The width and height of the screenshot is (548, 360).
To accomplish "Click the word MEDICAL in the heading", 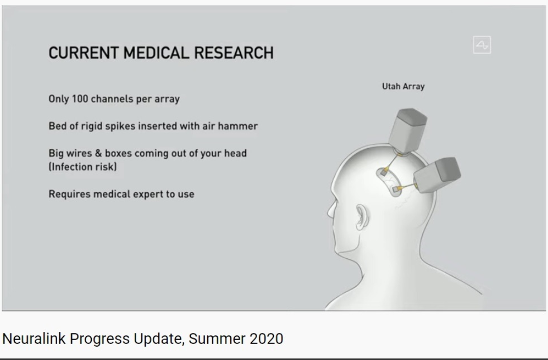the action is [156, 53].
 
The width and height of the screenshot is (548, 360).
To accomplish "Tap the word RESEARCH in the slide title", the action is [234, 53].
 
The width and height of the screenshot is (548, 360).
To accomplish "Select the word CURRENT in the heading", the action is [84, 53].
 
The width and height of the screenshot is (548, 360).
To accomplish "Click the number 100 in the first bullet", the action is [80, 99].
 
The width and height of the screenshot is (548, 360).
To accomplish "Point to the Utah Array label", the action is [403, 86].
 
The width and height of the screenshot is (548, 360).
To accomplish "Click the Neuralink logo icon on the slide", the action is [482, 45].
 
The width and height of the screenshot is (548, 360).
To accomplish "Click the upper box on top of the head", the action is [408, 130].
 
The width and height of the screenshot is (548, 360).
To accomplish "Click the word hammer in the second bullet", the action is [238, 126].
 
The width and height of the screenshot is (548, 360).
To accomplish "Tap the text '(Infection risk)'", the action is [83, 166].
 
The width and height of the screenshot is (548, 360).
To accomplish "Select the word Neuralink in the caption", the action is [34, 339].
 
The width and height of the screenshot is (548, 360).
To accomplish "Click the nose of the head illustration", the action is [330, 212].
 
